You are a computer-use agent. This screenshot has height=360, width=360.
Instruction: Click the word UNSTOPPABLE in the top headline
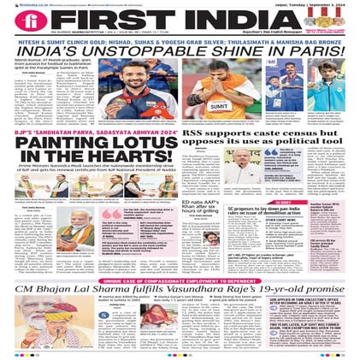pos(140,54)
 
